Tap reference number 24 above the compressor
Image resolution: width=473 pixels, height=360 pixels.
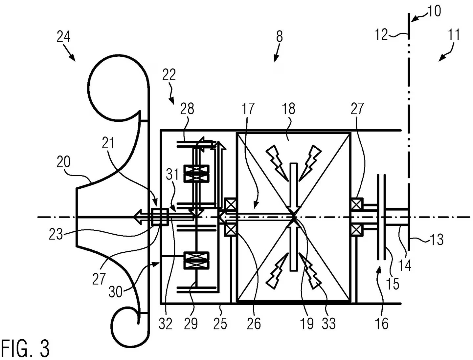[63, 37]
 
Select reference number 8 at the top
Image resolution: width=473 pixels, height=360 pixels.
[279, 36]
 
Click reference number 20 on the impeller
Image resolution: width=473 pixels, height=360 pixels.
[63, 162]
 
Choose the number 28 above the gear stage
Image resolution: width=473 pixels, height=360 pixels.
[187, 109]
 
